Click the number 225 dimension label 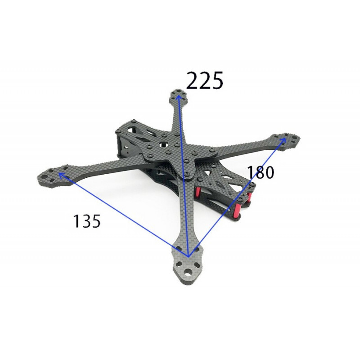pos(204,81)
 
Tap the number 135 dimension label pos(87,221)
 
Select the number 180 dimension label pos(261,172)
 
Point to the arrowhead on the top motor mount pos(178,98)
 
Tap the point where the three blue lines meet pos(188,256)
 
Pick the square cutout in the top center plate pos(164,144)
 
